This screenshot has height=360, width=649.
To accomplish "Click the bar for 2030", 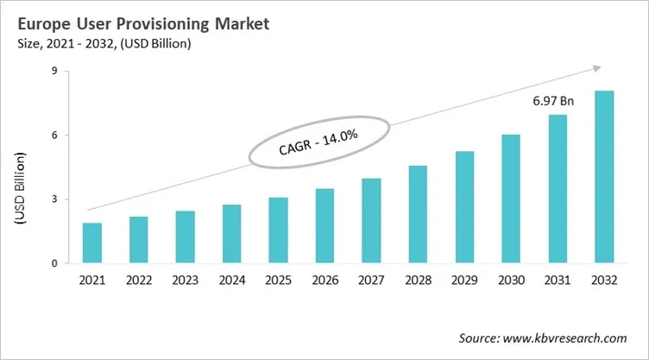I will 511,199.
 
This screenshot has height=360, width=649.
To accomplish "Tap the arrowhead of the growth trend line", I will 595,67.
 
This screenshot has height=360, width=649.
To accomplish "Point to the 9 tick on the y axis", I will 54,72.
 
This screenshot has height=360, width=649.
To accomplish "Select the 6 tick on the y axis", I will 54,136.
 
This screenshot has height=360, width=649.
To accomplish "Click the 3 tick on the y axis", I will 54,199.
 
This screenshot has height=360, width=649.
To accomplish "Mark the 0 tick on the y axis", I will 54,263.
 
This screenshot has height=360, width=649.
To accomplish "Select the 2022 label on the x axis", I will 139,281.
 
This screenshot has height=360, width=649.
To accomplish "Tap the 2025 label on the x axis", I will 279,281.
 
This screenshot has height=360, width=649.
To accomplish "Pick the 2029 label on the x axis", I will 464,281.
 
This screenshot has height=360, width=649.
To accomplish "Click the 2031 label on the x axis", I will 558,281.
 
